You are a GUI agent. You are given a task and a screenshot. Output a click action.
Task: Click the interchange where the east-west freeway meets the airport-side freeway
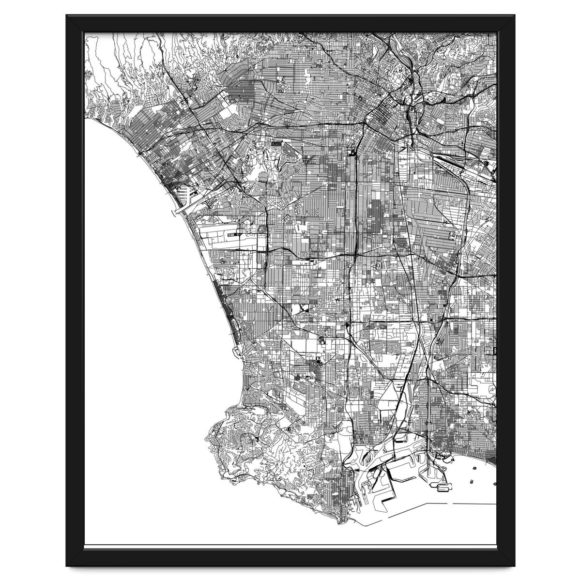267,251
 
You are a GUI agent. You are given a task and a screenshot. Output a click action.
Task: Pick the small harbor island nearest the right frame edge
494,483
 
